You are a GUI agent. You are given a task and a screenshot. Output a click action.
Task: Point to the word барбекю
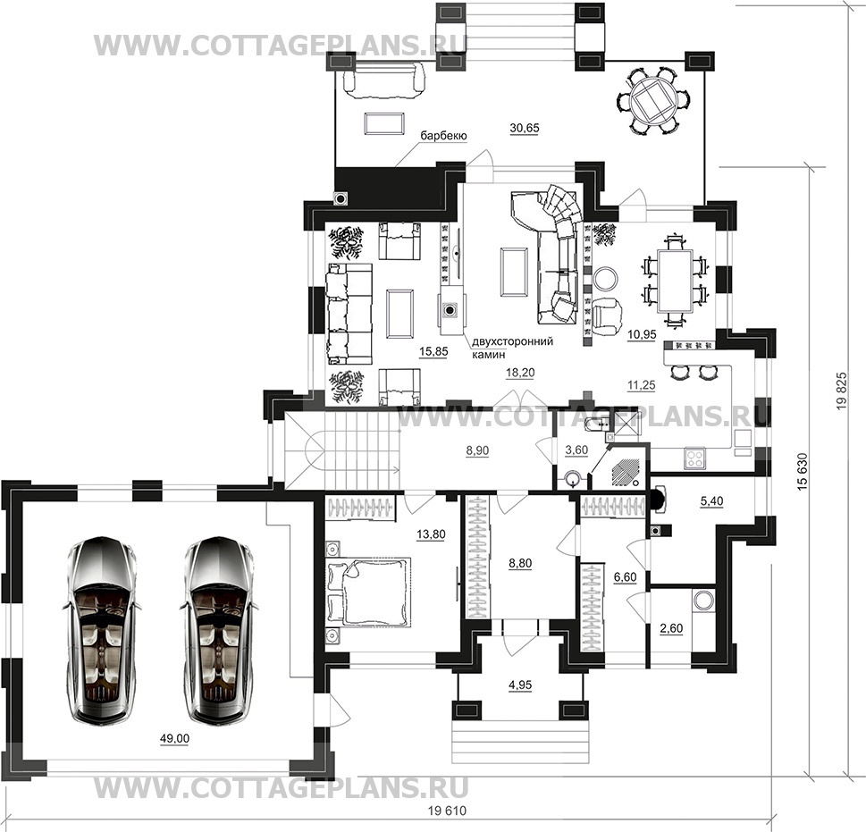[x=444, y=136]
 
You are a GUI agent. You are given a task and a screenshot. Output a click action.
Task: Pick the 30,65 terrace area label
[x=524, y=128]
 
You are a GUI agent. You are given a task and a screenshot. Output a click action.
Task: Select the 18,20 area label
[x=520, y=373]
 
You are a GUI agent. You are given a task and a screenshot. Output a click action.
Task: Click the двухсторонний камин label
[x=512, y=348]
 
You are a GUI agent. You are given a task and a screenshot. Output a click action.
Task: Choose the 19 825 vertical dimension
[x=842, y=390]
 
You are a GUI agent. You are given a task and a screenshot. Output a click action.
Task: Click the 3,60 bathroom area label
[x=576, y=450]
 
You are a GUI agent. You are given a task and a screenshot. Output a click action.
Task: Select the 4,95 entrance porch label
[x=520, y=685]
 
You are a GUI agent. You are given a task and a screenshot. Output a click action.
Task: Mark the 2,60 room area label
[x=671, y=629]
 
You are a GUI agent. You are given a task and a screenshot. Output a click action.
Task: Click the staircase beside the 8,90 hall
[x=342, y=450]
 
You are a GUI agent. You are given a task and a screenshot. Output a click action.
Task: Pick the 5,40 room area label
[x=711, y=501]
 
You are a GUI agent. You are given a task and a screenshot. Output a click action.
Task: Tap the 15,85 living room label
[x=433, y=352]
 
